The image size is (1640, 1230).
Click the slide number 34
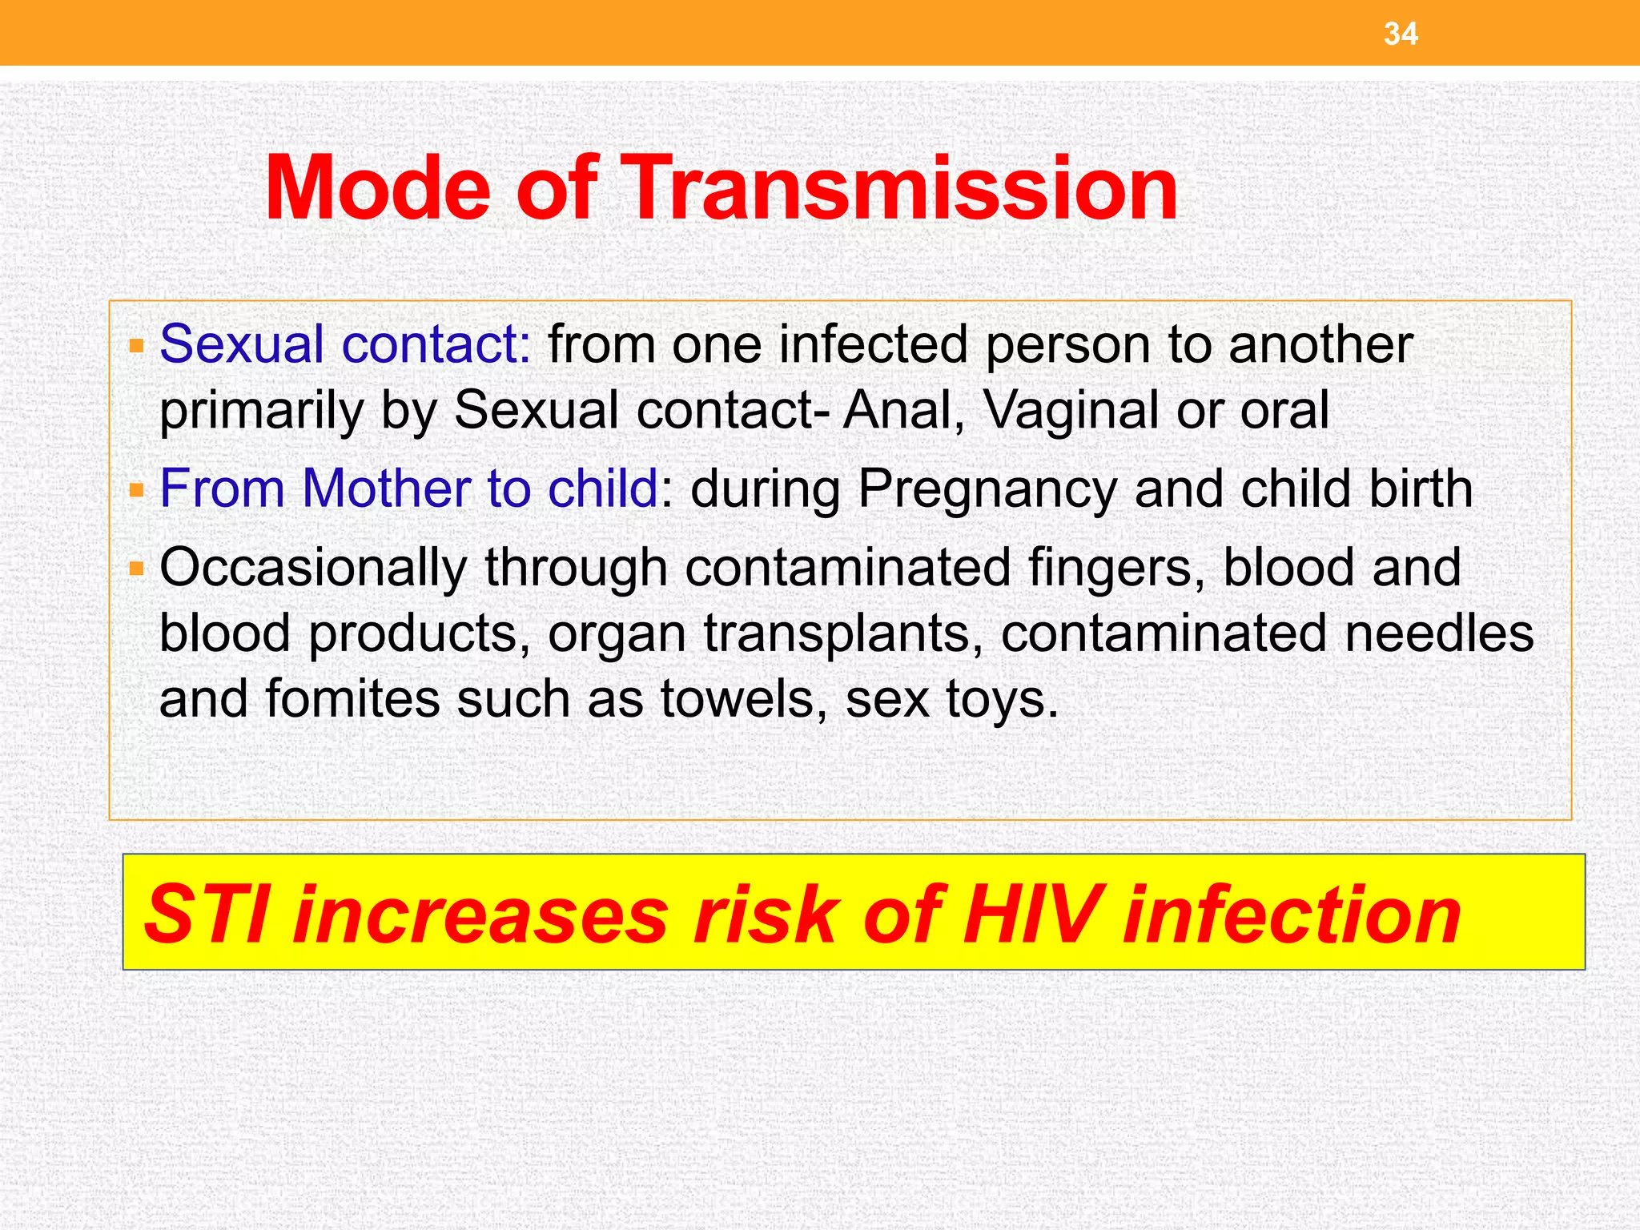(1401, 34)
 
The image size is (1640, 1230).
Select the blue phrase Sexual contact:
(345, 344)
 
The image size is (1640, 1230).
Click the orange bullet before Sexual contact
(136, 347)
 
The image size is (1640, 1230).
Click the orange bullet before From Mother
(136, 490)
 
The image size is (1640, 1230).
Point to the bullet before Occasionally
(136, 569)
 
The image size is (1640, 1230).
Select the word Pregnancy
(987, 490)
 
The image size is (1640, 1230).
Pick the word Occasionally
(312, 569)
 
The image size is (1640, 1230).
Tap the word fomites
(352, 698)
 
